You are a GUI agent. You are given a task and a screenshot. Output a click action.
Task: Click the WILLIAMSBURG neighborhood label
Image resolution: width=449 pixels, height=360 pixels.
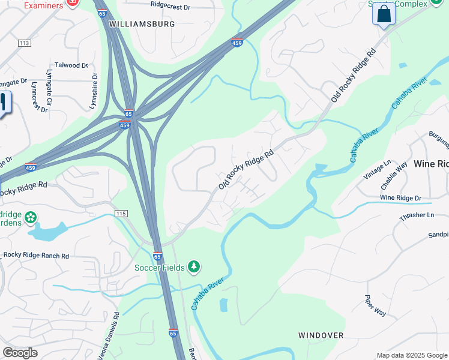pos(142,24)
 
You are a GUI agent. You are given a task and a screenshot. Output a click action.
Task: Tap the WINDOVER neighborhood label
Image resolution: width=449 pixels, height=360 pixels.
pos(321,335)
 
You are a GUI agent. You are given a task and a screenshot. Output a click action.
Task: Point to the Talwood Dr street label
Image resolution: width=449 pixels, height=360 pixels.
pos(71,65)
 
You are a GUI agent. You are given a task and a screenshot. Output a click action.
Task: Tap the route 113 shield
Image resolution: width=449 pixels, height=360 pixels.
pos(24,43)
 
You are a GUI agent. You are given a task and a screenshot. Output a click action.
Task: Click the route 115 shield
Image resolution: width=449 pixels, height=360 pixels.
pos(121,214)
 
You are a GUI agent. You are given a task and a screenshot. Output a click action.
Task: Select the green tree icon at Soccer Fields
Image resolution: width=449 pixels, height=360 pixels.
pos(193,266)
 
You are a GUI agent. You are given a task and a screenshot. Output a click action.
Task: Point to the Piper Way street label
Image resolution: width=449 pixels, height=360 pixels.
pos(376,305)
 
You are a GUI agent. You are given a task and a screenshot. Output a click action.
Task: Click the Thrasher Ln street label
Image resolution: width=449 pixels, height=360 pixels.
pos(414,215)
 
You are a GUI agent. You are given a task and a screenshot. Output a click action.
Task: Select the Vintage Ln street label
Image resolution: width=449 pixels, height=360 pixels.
pos(378,170)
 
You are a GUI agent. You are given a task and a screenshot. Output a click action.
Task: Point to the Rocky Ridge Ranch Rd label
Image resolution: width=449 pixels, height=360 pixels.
pos(36,255)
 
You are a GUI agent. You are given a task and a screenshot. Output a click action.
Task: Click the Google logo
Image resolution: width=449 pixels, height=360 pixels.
pos(20,353)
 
